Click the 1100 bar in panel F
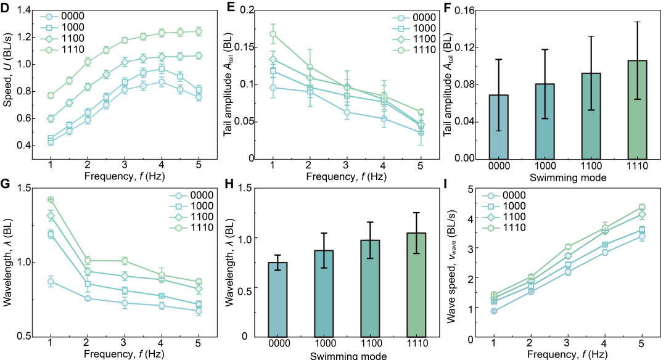pyautogui.click(x=591, y=115)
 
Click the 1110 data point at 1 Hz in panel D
pyautogui.click(x=51, y=96)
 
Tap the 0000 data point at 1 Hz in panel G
pyautogui.click(x=51, y=282)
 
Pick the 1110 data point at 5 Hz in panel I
pyautogui.click(x=642, y=207)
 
